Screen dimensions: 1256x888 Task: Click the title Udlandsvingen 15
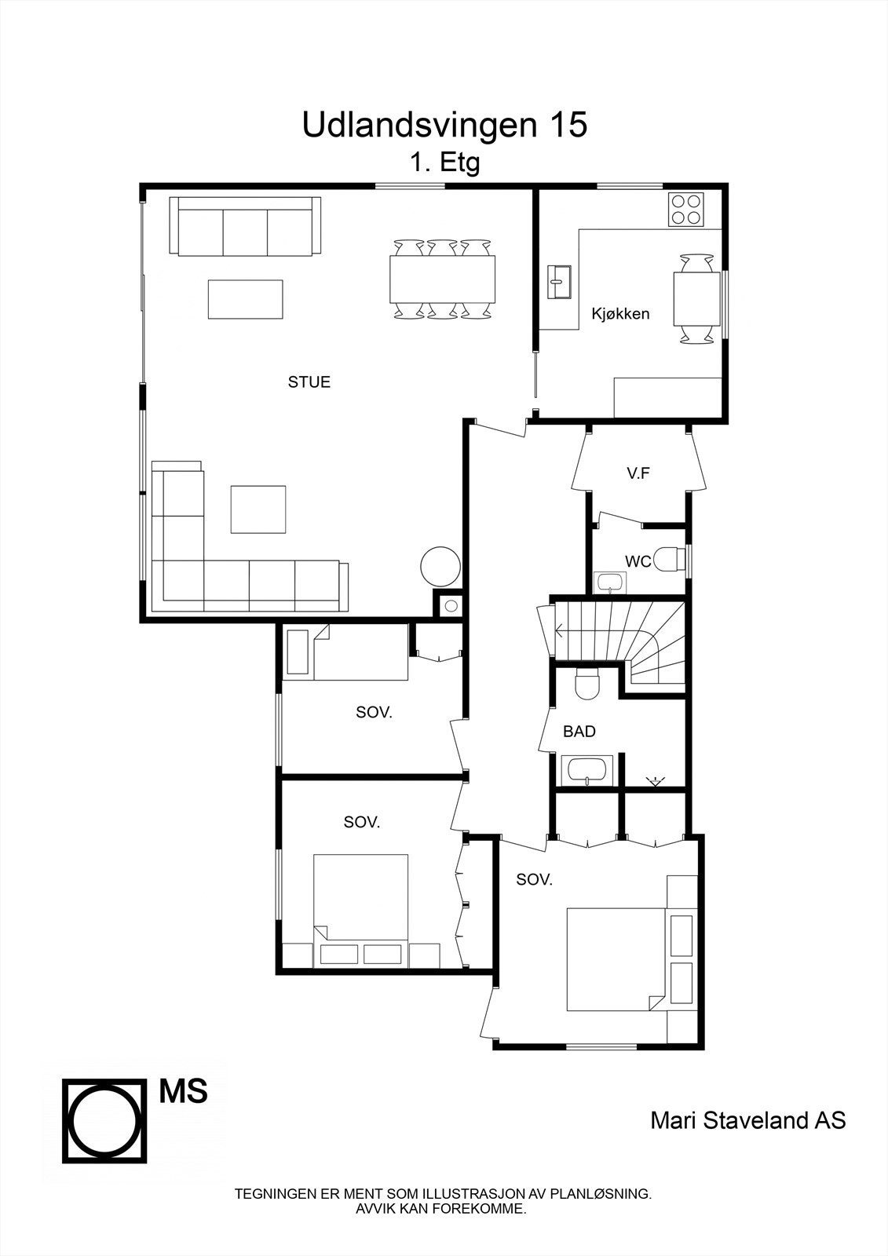[x=444, y=126]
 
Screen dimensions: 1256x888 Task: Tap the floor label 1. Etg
[x=444, y=163]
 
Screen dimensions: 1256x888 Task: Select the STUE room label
[x=309, y=382]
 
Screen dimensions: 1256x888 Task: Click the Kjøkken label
[x=620, y=314]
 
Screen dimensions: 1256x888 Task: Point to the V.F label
[x=638, y=473]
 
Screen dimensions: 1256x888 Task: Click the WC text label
[x=638, y=561]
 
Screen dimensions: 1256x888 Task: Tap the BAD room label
[x=579, y=732]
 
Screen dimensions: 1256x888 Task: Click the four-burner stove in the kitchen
[x=686, y=210]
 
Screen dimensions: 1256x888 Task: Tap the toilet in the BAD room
[x=586, y=684]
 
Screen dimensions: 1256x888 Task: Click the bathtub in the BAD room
[x=588, y=770]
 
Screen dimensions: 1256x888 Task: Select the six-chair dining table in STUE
[x=443, y=279]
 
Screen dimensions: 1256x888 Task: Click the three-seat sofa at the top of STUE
[x=245, y=228]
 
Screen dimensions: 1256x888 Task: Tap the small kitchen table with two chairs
[x=696, y=298]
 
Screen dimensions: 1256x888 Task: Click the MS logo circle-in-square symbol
[x=105, y=1120]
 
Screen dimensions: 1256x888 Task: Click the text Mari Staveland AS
[x=748, y=1119]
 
